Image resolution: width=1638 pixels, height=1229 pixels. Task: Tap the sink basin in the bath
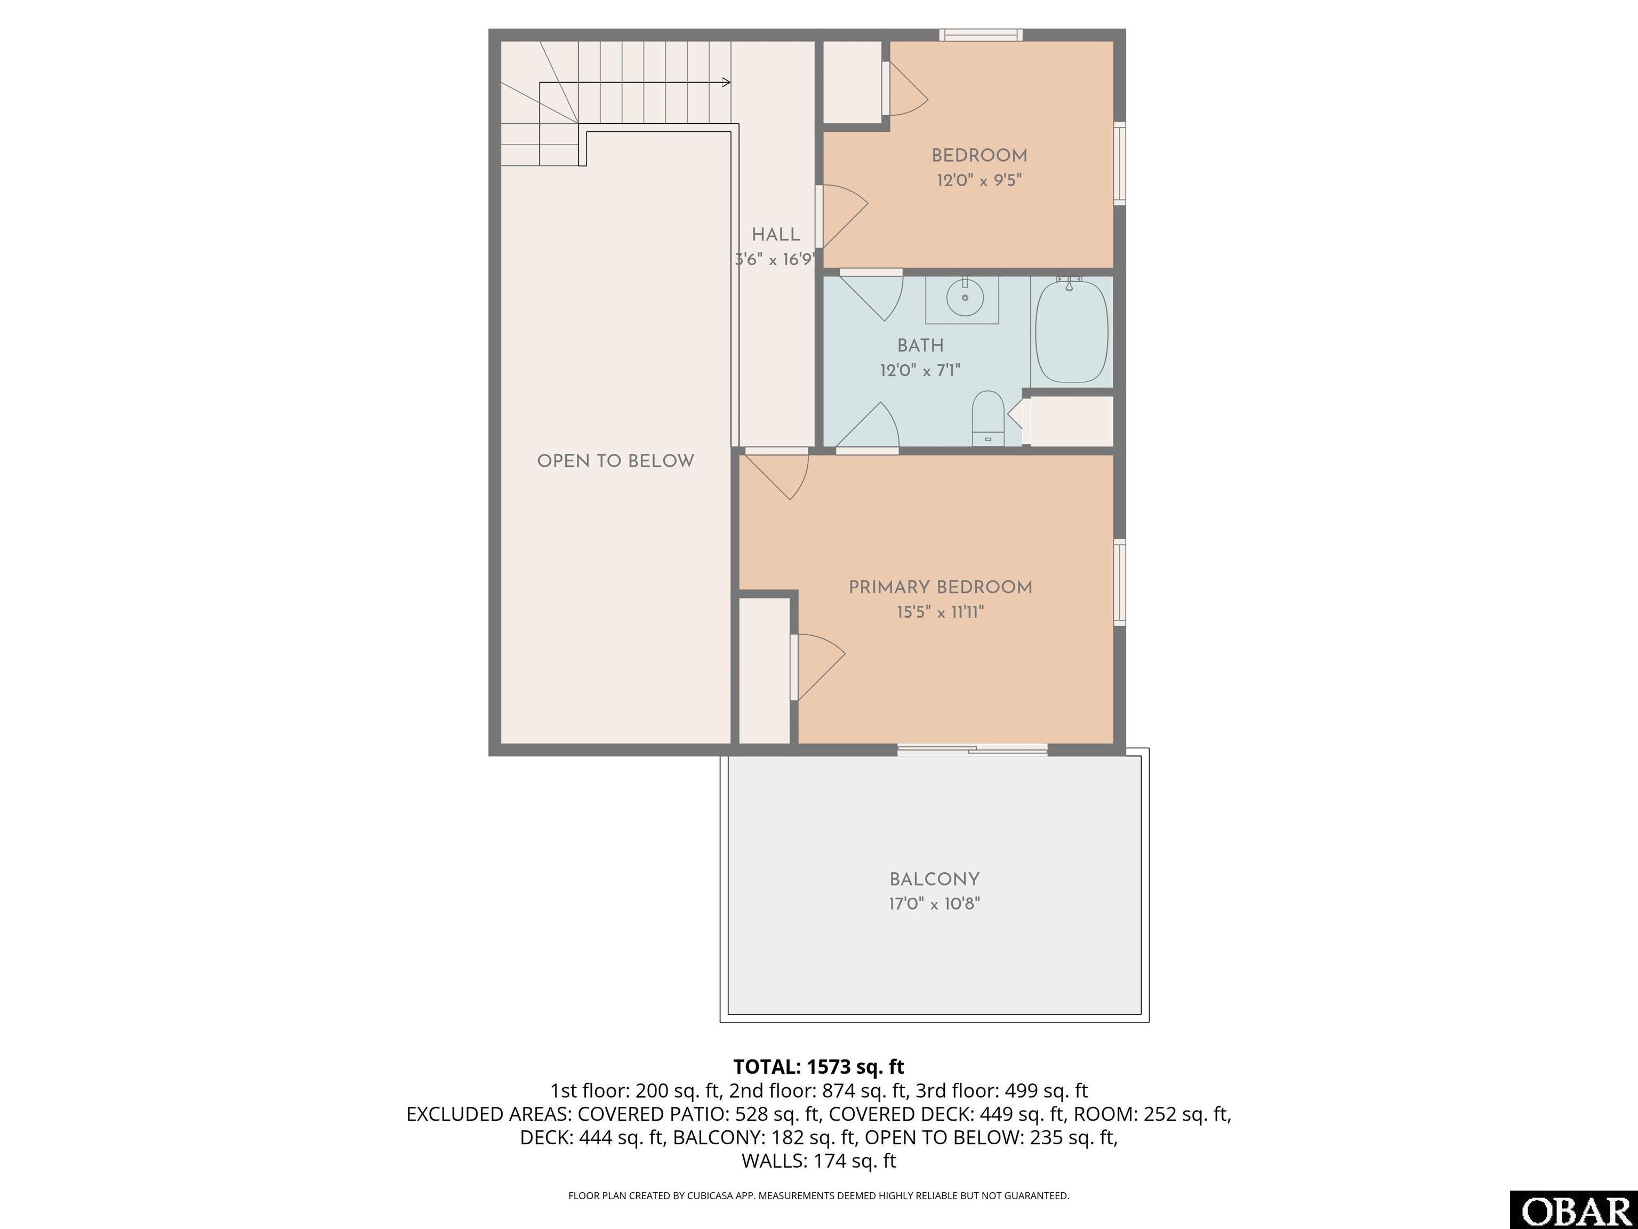[965, 297]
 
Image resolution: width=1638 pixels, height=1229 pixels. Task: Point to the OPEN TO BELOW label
[615, 461]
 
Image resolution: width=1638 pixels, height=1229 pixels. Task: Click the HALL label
[776, 235]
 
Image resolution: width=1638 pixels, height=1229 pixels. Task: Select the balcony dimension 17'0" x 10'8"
[935, 904]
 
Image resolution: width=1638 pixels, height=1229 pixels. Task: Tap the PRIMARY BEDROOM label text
[941, 587]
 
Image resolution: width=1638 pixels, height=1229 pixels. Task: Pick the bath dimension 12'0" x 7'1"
[920, 370]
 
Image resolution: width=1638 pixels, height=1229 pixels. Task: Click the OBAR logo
[1573, 1210]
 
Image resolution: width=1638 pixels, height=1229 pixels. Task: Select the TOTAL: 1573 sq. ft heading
[819, 1067]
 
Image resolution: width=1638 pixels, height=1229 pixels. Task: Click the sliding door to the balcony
[972, 749]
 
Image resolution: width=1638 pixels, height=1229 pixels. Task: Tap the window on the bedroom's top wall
[981, 35]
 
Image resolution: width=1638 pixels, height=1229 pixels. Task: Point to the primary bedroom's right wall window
[1120, 582]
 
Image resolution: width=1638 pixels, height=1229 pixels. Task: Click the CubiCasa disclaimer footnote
[819, 1196]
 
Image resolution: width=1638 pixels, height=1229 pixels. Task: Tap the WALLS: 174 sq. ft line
[819, 1161]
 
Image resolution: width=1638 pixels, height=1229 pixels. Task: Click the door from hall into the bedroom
[841, 216]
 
